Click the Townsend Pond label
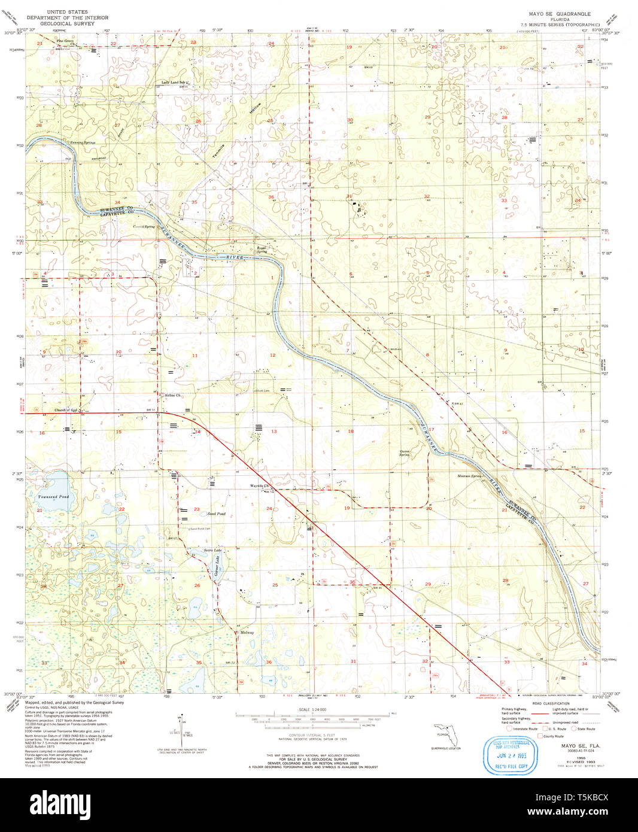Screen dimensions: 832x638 53,497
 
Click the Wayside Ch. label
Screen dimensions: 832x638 260,485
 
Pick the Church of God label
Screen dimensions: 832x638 66,410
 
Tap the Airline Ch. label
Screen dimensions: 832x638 172,395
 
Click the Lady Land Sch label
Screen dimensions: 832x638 174,82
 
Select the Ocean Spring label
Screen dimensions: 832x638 405,453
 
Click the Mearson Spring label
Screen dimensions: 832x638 469,476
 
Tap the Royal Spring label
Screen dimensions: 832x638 262,249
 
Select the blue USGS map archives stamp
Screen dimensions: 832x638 511,756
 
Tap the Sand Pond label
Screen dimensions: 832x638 216,514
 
